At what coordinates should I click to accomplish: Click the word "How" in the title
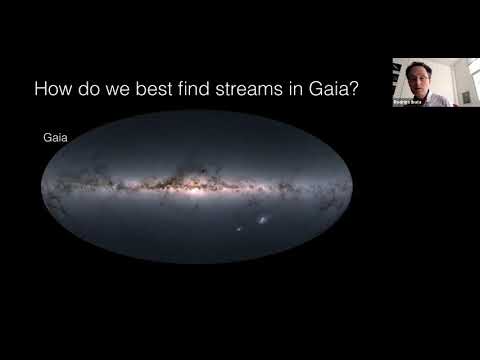coord(52,89)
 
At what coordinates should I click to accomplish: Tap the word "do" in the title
coord(87,89)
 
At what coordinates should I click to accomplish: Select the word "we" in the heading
coord(116,89)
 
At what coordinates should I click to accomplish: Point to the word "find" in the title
coord(196,89)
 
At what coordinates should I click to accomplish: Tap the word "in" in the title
coord(298,89)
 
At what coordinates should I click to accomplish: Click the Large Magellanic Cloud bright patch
coord(262,217)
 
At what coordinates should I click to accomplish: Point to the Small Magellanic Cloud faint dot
coord(240,231)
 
